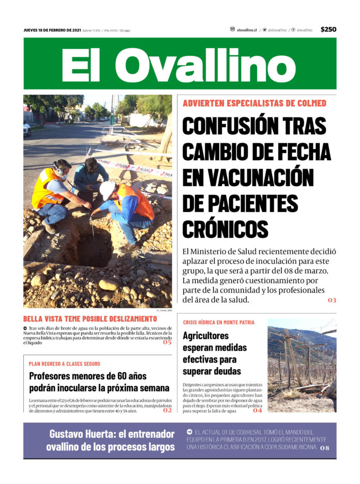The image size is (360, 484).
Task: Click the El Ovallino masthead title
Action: point(179,65)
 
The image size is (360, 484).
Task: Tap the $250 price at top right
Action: point(328,29)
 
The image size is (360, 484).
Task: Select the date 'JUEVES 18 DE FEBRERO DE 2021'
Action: point(52,30)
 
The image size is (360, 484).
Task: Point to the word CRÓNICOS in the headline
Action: point(225,228)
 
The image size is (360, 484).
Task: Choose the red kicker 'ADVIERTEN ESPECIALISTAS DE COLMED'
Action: point(254,103)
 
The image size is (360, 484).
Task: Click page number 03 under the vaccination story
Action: point(332,300)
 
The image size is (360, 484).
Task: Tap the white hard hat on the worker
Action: point(107,189)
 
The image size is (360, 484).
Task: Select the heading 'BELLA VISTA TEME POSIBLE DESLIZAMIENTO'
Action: point(89,319)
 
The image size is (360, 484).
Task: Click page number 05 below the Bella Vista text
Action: point(167,342)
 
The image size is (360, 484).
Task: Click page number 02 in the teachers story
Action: point(167,410)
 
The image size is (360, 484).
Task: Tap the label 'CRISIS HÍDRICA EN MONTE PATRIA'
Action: point(218,322)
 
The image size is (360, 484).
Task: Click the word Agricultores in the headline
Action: point(205,335)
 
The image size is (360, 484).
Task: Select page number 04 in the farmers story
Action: point(258,411)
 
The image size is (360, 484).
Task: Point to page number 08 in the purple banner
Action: point(324,448)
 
